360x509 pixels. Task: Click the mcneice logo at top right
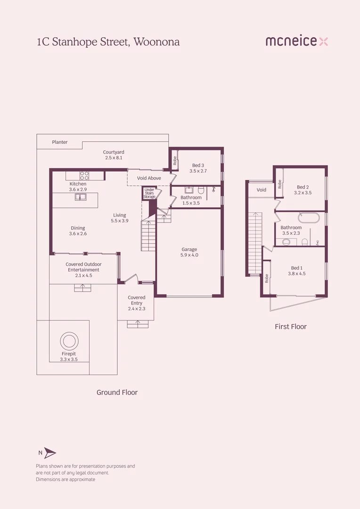(296, 41)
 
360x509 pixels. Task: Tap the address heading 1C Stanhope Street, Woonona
(108, 41)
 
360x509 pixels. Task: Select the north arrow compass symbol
(49, 453)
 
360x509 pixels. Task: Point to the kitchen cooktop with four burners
(84, 176)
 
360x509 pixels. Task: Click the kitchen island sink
(81, 197)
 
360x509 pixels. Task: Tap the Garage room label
(189, 249)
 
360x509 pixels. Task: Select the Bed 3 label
(198, 165)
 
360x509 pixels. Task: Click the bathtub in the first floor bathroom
(309, 219)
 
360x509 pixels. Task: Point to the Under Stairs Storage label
(149, 193)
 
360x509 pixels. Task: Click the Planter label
(60, 142)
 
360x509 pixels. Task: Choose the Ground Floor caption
(117, 392)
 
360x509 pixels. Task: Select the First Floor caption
(291, 326)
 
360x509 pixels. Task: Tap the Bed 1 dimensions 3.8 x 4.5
(297, 273)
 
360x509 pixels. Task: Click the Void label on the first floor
(262, 190)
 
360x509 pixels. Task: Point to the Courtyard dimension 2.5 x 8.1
(114, 158)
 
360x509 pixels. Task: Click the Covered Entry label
(137, 300)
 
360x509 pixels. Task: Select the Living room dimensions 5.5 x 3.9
(120, 221)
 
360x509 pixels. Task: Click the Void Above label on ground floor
(149, 178)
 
